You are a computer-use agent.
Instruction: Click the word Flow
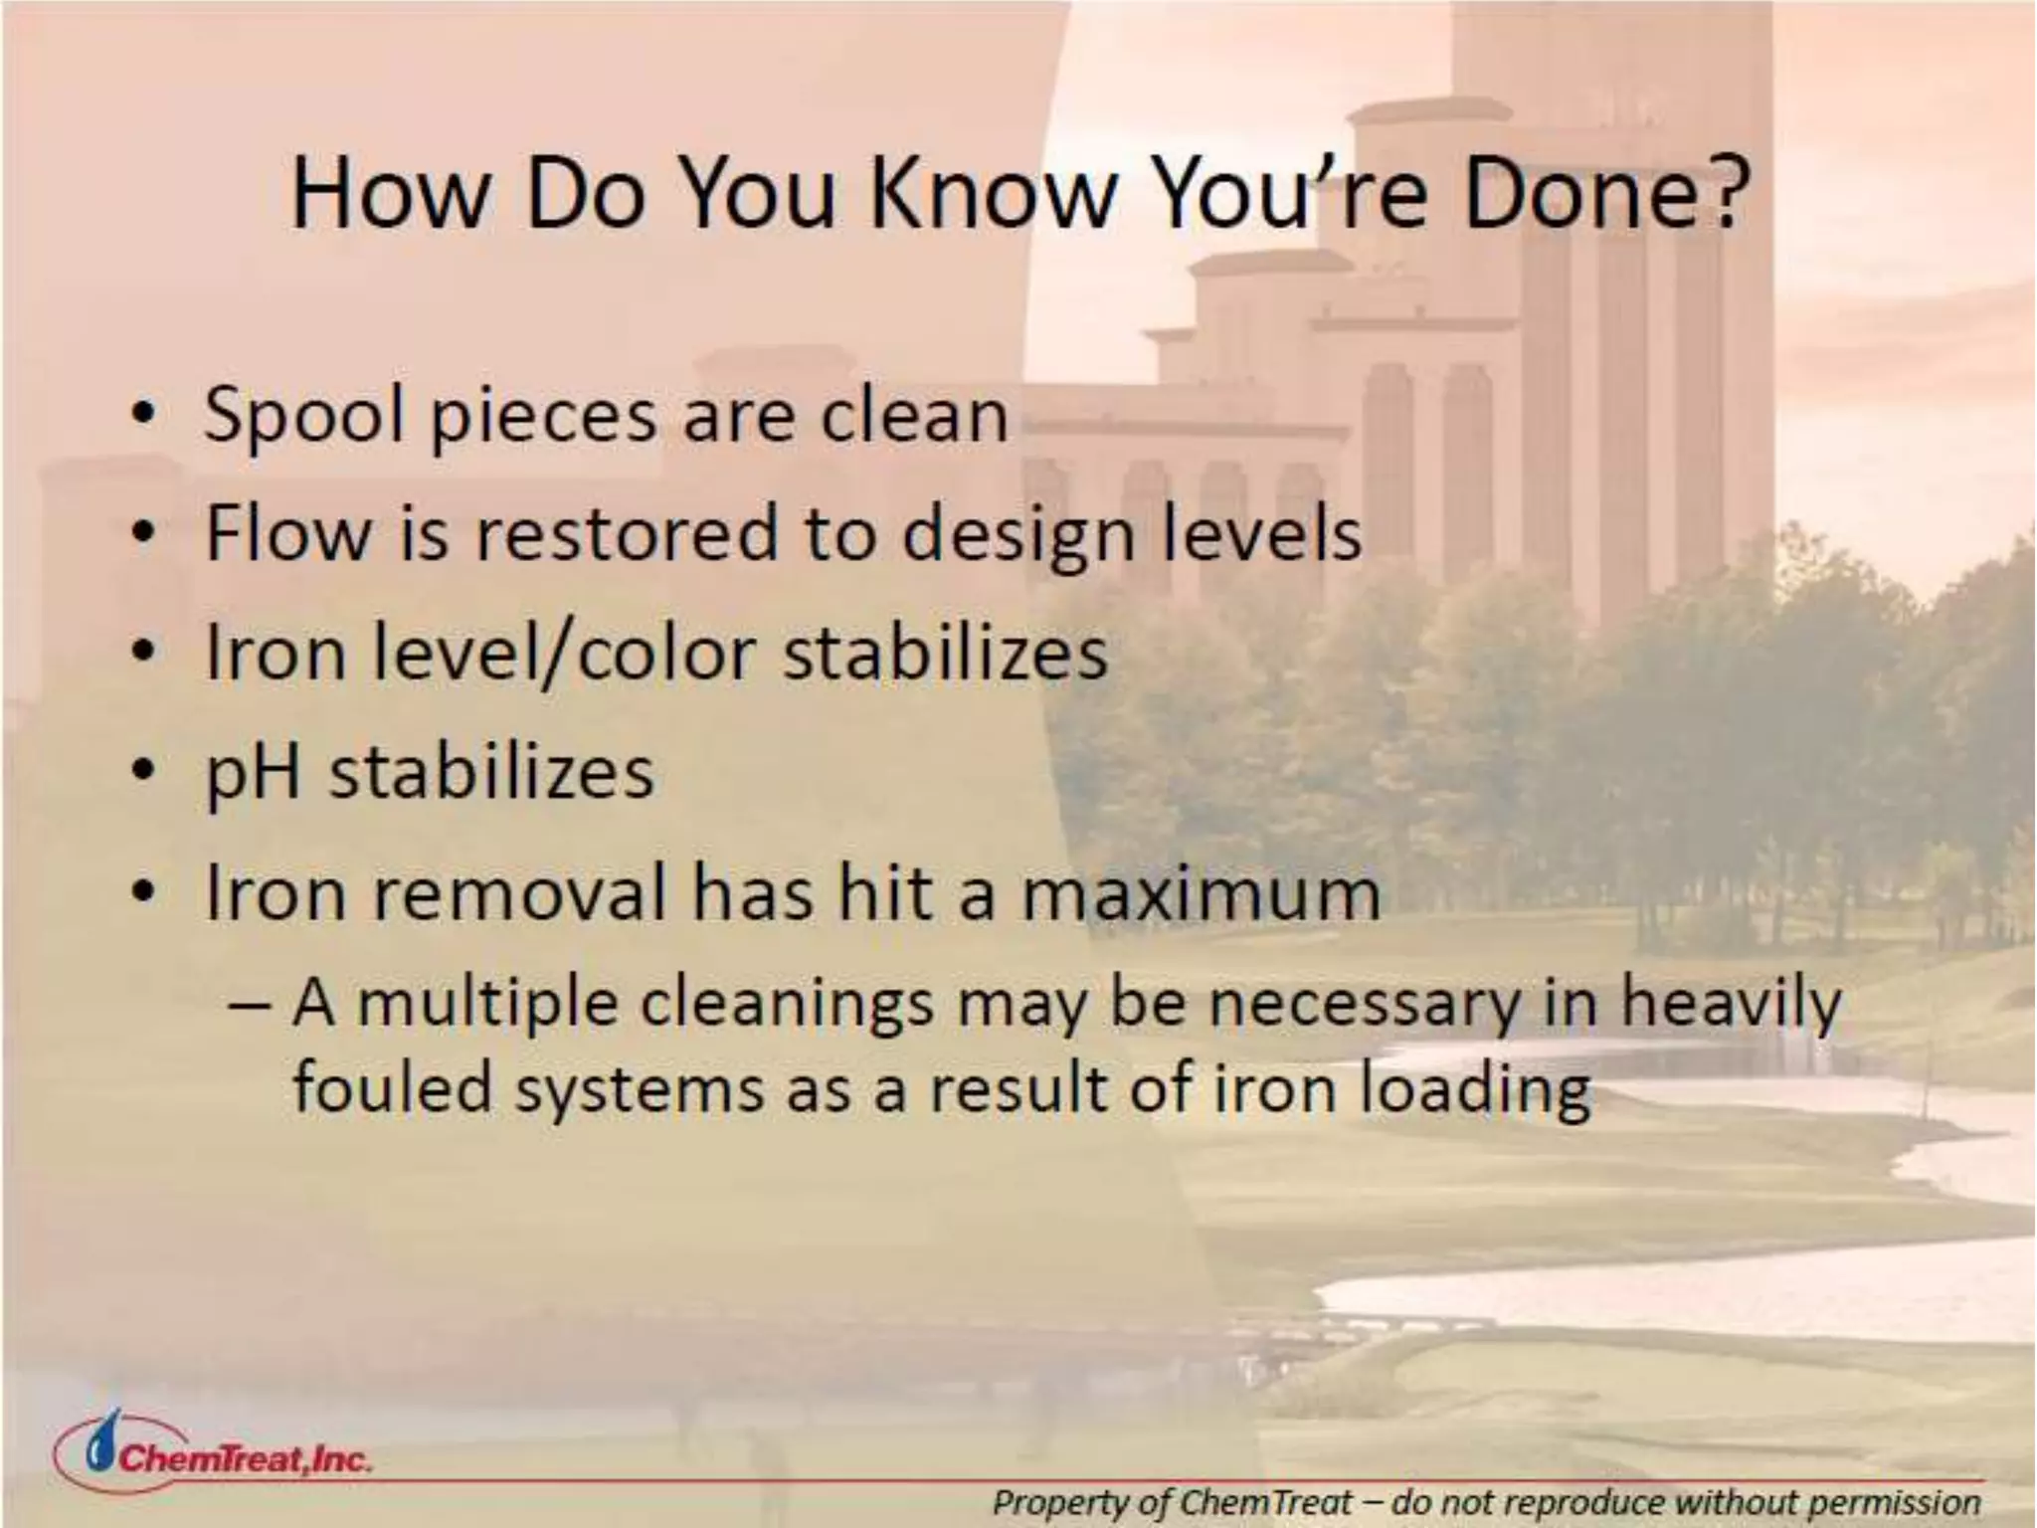[287, 533]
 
